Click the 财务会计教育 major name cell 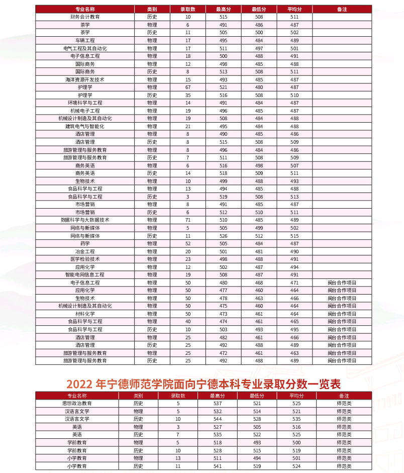(x=85, y=17)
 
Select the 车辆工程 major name (x=85, y=40)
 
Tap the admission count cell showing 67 (x=188, y=87)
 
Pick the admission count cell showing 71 (x=188, y=220)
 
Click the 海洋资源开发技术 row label (x=85, y=79)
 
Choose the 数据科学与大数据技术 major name (x=85, y=220)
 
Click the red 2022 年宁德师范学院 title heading (x=204, y=385)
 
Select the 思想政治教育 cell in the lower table (x=77, y=403)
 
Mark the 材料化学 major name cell (x=85, y=314)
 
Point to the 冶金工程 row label (x=85, y=251)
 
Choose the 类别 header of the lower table (x=138, y=396)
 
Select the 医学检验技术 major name (x=85, y=259)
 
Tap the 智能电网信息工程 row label (x=85, y=274)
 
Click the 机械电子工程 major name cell (x=85, y=111)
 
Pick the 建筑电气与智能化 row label (x=85, y=126)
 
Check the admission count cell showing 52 (x=188, y=243)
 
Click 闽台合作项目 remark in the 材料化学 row (x=342, y=314)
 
